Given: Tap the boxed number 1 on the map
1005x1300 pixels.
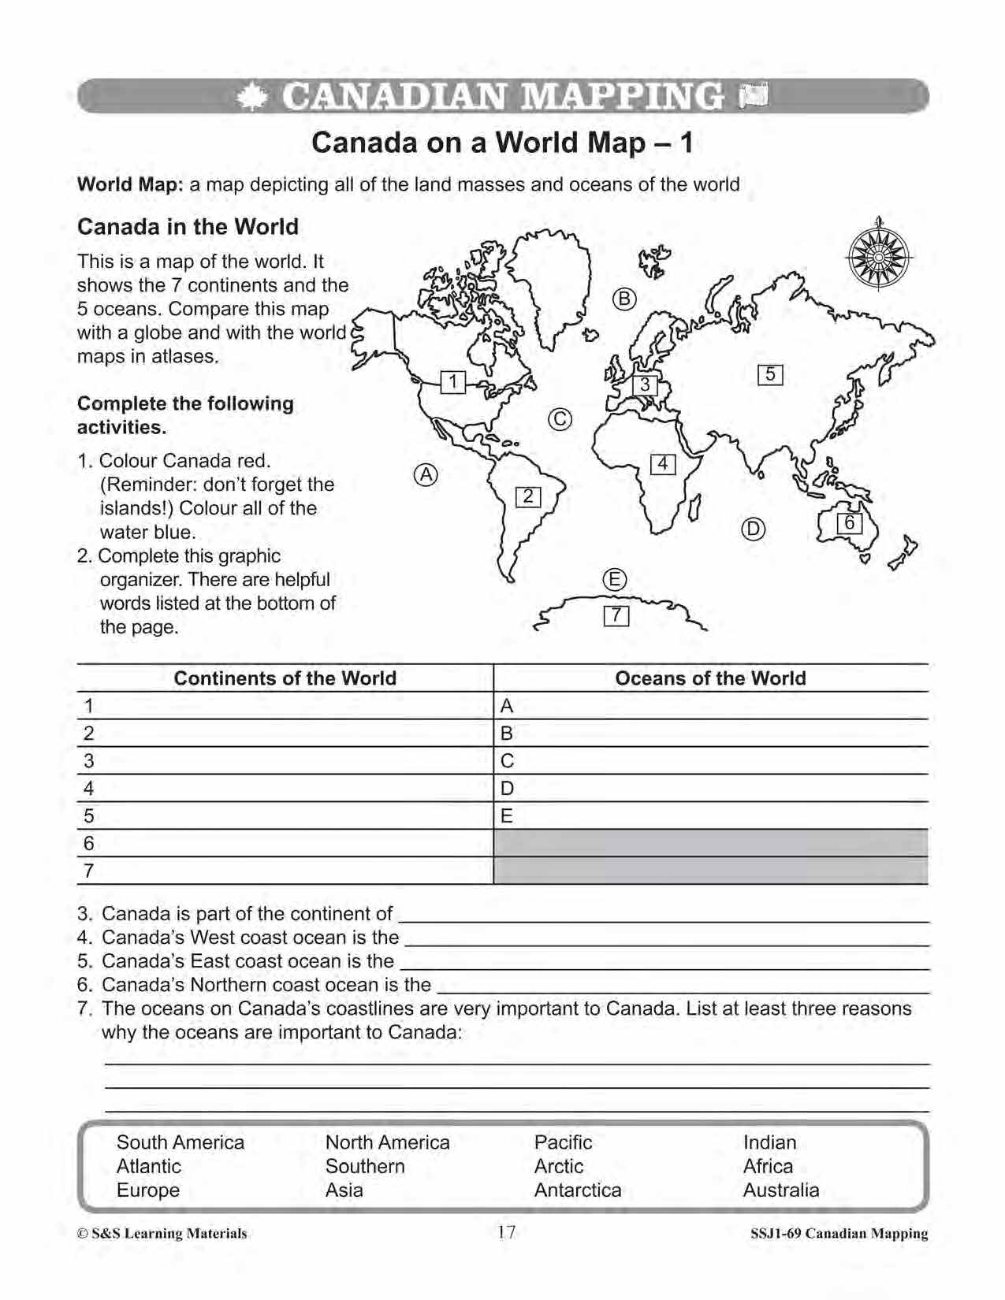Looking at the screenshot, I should (453, 382).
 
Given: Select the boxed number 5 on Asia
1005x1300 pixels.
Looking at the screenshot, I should (770, 374).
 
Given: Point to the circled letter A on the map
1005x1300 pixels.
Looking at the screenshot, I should (426, 474).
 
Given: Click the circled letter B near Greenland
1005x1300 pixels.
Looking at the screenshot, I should (624, 299).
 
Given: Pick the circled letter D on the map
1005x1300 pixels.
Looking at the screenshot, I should (754, 529).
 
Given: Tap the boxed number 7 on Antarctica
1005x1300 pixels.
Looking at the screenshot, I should (616, 615).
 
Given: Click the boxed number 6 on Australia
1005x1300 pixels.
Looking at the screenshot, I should (850, 523).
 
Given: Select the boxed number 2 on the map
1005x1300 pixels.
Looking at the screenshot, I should (528, 496).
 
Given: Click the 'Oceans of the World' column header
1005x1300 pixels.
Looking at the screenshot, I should (710, 678).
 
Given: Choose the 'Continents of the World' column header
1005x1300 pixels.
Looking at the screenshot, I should (285, 678).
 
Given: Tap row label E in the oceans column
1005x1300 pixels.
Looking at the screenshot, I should (507, 816).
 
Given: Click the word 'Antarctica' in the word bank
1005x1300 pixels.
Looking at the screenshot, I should (578, 1190).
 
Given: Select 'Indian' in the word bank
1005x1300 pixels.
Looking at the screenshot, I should (769, 1142).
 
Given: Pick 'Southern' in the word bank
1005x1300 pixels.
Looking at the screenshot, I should (365, 1166).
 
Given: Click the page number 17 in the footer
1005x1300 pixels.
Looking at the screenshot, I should (506, 1232).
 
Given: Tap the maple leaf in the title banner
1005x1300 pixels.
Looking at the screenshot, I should (251, 97).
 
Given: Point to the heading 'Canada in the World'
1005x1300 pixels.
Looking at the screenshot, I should (188, 227).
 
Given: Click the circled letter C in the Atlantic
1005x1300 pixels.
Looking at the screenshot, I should (560, 419).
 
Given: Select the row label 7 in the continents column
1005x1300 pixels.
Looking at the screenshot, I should (89, 871).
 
